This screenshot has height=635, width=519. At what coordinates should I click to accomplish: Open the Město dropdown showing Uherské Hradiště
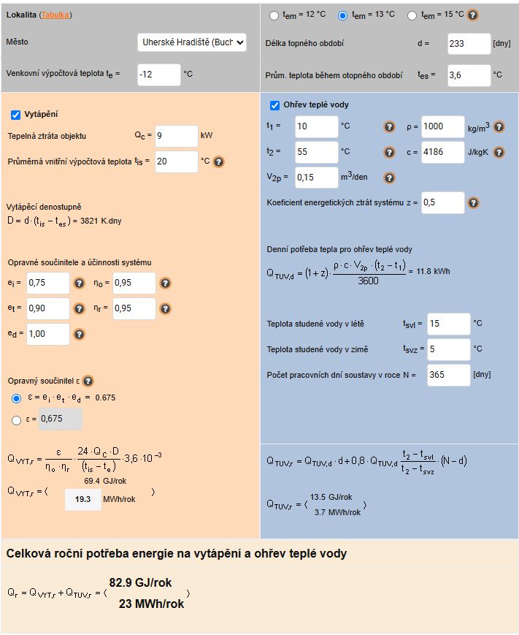[192, 42]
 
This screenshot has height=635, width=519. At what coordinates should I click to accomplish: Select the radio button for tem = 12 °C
[274, 15]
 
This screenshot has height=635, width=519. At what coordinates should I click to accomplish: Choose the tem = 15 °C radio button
[412, 15]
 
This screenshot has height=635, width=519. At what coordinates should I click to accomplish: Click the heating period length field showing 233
[469, 44]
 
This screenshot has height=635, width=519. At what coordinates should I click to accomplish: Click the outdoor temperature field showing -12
[158, 75]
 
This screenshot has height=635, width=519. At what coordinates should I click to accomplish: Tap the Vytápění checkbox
[16, 115]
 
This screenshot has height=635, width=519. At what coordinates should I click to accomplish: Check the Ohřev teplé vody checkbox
[275, 105]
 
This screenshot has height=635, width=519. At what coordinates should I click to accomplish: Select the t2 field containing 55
[316, 153]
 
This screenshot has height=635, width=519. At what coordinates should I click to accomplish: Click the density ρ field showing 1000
[442, 127]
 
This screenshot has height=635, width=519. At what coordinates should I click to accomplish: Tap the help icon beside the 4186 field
[499, 153]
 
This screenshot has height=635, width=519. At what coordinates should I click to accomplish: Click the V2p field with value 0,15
[316, 178]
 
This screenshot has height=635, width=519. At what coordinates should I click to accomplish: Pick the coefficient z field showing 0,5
[442, 202]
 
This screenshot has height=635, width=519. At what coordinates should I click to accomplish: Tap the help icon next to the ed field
[80, 335]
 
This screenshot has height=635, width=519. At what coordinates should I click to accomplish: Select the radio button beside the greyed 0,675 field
[17, 420]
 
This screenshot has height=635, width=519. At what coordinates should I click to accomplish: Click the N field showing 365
[448, 376]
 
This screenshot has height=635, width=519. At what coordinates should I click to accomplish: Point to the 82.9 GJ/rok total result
[141, 582]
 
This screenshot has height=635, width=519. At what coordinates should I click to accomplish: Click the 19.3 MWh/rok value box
[82, 500]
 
